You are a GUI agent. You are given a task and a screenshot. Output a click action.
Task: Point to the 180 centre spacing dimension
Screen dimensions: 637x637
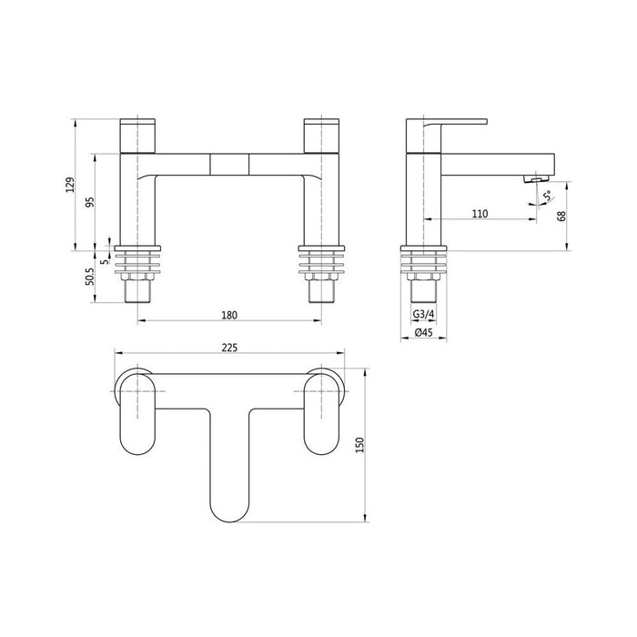pos(229,315)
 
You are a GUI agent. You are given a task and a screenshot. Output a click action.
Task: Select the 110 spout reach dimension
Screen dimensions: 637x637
pos(480,213)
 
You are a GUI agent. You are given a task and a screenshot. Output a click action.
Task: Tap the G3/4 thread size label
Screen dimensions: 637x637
pos(423,315)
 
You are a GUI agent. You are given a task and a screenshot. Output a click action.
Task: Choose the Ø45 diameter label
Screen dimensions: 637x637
pos(423,333)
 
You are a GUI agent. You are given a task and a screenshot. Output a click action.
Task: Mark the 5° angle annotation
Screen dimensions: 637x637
pos(546,196)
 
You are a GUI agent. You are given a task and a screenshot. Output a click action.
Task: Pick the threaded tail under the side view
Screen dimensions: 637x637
pos(424,289)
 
